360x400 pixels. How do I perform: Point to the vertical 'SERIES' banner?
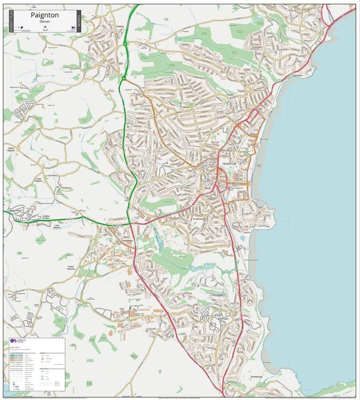79,21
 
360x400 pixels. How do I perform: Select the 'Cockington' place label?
257,47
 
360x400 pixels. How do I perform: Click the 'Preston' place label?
230,95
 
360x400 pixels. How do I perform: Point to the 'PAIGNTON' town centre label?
229,164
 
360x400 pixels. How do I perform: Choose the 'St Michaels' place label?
199,219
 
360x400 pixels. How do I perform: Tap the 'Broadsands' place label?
256,377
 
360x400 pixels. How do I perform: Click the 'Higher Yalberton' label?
71,267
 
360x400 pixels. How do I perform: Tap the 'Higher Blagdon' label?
11,149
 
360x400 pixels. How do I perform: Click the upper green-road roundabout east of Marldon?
125,43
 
